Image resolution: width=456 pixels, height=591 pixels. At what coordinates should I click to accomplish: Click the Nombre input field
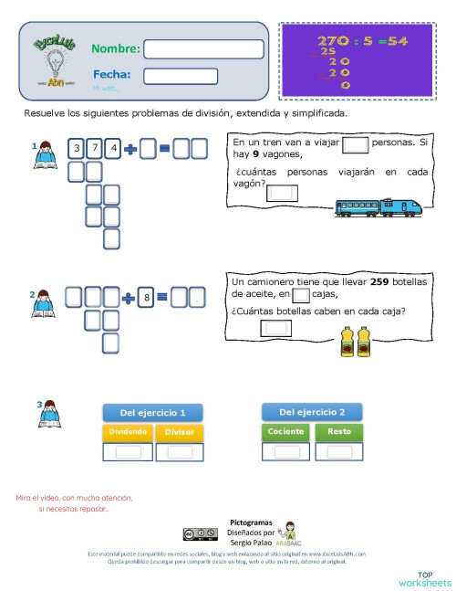pyautogui.click(x=203, y=49)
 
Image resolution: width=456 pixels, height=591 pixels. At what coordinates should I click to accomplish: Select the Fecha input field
pyautogui.click(x=181, y=76)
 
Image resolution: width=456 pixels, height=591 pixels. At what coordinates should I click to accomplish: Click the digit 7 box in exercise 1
pyautogui.click(x=95, y=148)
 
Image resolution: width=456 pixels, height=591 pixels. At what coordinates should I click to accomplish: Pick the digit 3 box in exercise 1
pyautogui.click(x=78, y=148)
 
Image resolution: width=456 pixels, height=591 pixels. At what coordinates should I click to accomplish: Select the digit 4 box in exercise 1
pyautogui.click(x=113, y=148)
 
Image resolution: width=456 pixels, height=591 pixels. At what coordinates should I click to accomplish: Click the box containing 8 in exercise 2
pyautogui.click(x=144, y=297)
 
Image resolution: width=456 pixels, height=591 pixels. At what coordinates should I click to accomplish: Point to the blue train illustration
pyautogui.click(x=378, y=206)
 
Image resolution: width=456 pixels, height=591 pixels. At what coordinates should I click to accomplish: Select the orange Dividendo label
pyautogui.click(x=127, y=431)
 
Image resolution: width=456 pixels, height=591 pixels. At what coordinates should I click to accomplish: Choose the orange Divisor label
pyautogui.click(x=179, y=431)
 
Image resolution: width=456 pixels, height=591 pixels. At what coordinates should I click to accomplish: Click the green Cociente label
pyautogui.click(x=286, y=431)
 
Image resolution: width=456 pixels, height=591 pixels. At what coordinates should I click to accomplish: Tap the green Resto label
pyautogui.click(x=338, y=431)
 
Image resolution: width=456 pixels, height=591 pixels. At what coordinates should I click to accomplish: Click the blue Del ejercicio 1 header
pyautogui.click(x=152, y=412)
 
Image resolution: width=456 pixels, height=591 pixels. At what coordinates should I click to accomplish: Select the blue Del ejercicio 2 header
pyautogui.click(x=311, y=411)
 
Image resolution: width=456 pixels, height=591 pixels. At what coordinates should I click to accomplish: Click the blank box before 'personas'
pyautogui.click(x=357, y=143)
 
